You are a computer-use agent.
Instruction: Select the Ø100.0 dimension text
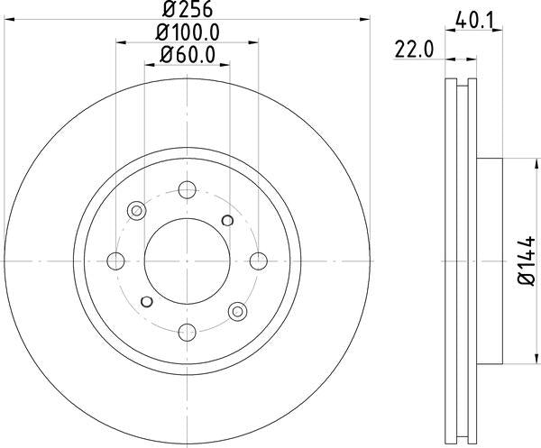click(188, 32)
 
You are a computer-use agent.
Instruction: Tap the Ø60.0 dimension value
click(188, 54)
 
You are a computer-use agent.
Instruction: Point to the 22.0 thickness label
click(413, 50)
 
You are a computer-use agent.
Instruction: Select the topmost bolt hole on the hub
click(188, 190)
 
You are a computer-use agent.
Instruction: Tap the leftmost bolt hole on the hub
click(116, 261)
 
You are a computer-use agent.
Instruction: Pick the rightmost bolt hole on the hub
click(259, 261)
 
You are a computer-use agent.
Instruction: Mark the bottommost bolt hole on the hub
click(188, 332)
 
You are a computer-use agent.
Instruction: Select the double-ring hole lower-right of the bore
click(238, 311)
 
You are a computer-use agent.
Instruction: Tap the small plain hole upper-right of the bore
click(227, 221)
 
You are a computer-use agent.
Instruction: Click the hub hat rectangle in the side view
click(488, 261)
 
